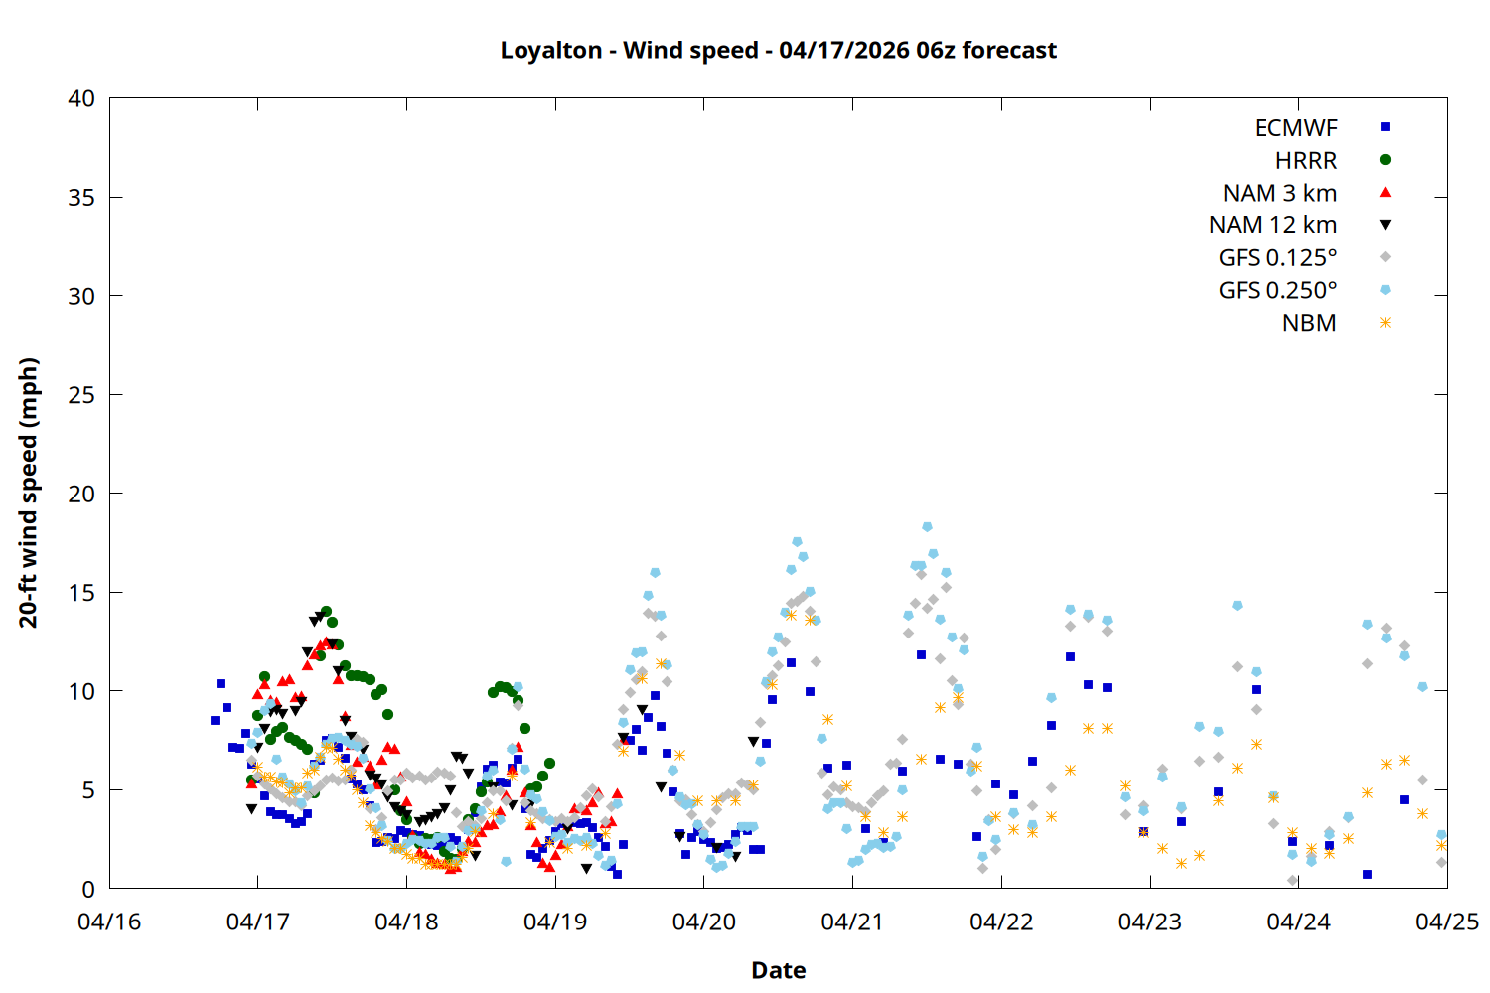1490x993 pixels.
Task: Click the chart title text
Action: click(778, 50)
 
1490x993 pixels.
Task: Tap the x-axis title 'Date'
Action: click(778, 970)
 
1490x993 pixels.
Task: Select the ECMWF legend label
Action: click(1295, 128)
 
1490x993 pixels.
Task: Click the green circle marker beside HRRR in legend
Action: click(1385, 160)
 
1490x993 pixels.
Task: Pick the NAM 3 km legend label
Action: click(1279, 193)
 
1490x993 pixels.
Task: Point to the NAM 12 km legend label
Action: click(1272, 225)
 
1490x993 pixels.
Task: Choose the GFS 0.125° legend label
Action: click(1277, 258)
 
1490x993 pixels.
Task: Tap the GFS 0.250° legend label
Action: click(1277, 291)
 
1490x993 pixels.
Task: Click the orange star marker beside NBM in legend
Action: click(1385, 323)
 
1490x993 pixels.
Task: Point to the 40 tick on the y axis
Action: click(81, 98)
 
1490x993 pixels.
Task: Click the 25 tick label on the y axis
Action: click(81, 394)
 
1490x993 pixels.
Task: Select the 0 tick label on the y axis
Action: click(88, 889)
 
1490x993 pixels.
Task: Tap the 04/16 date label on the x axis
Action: click(109, 922)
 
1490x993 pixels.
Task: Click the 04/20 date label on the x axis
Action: click(704, 922)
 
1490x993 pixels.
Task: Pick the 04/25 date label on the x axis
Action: click(1446, 922)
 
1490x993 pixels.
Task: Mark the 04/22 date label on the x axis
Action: click(1001, 922)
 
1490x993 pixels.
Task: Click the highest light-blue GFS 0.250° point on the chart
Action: click(927, 527)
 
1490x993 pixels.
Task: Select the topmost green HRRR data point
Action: click(326, 612)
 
